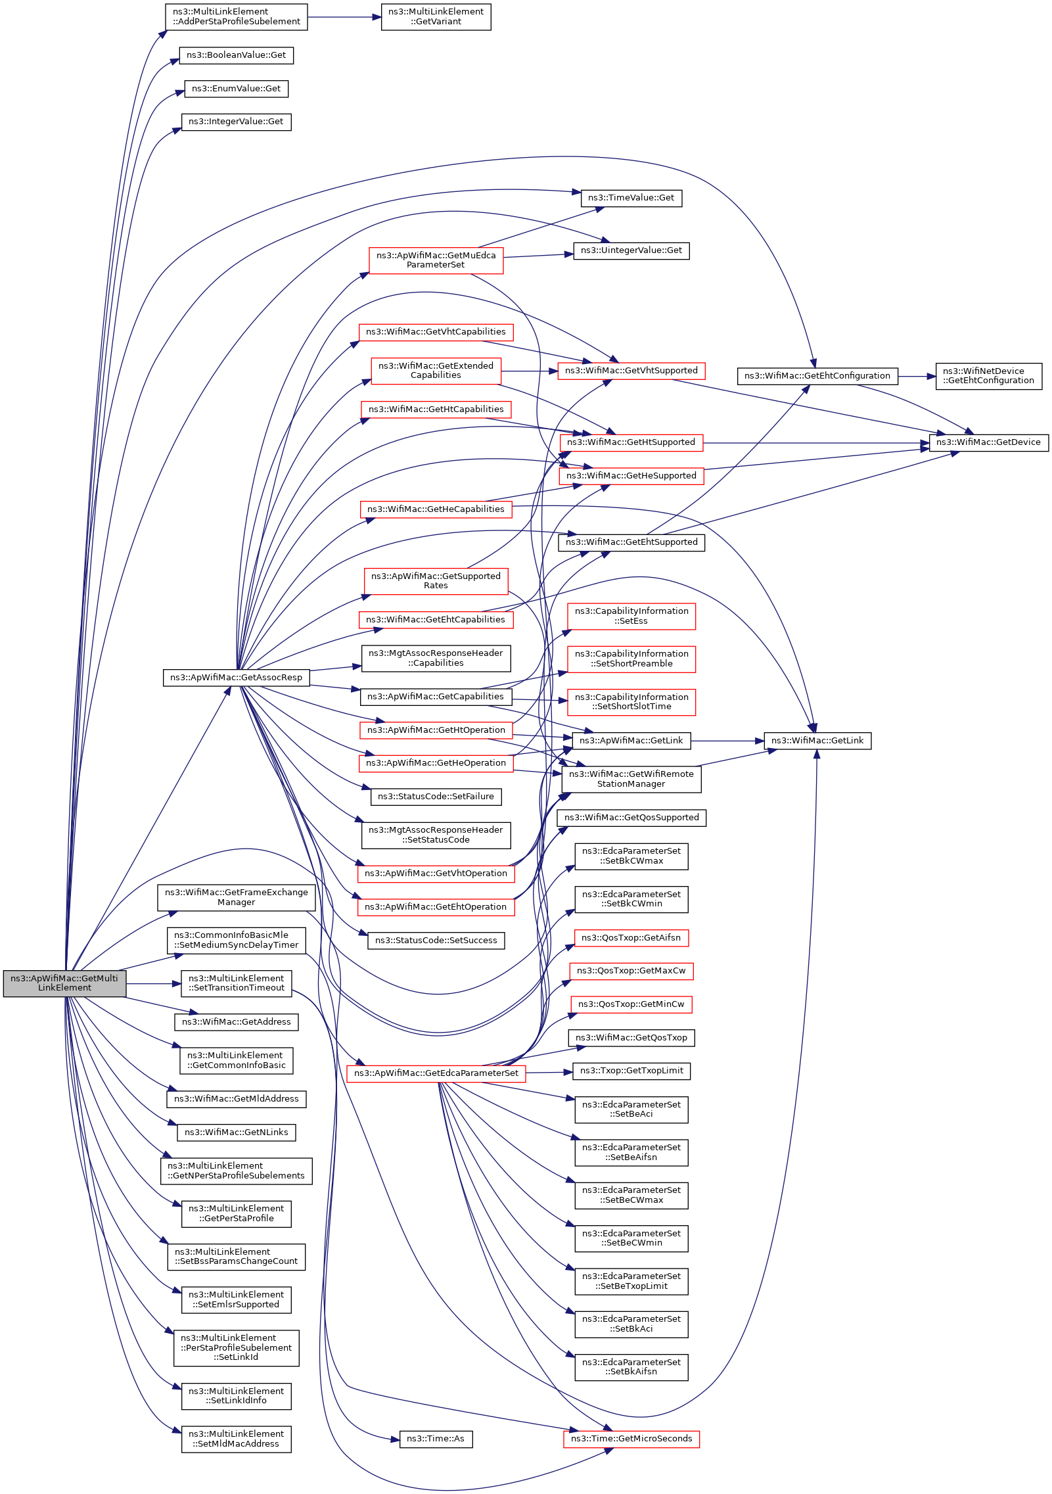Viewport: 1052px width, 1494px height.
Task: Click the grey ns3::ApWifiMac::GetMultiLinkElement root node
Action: (64, 983)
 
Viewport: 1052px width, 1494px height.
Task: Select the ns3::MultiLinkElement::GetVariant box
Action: (436, 16)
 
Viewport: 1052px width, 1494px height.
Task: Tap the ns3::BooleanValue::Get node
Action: (236, 55)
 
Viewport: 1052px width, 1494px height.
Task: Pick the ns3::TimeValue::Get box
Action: (631, 198)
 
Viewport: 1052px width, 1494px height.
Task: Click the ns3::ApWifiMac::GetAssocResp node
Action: (236, 678)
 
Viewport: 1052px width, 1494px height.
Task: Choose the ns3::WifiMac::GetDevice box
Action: (988, 442)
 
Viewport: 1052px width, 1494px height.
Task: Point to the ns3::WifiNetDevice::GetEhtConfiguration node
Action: (988, 376)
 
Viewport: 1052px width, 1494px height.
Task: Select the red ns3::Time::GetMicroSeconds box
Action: (631, 1439)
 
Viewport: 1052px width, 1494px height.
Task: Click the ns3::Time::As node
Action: (436, 1439)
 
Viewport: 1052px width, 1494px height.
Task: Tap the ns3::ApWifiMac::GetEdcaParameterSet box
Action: (436, 1073)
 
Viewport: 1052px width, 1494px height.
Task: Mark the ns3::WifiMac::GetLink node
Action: (817, 741)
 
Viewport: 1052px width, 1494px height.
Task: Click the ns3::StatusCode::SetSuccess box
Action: (436, 941)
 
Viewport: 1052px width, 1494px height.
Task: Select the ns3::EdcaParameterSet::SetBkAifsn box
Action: (631, 1367)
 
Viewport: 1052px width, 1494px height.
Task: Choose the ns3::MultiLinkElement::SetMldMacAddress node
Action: (236, 1439)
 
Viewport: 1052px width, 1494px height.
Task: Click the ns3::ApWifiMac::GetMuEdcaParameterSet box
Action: (436, 260)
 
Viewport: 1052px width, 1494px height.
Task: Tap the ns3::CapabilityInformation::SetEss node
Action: (631, 616)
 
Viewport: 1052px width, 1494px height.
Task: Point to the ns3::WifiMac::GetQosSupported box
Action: (631, 818)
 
